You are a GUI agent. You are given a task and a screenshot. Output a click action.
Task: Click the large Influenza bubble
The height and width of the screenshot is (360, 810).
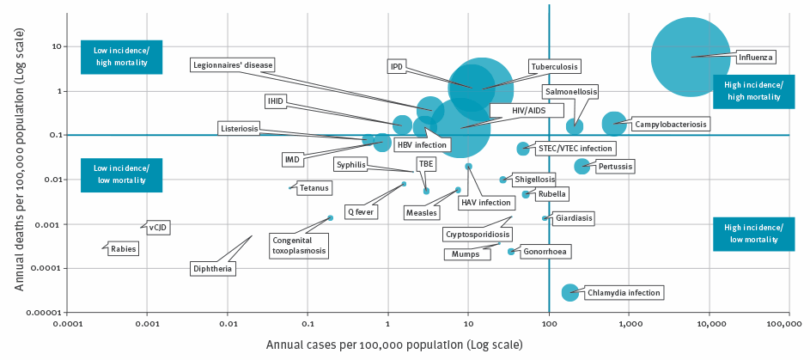[691, 57]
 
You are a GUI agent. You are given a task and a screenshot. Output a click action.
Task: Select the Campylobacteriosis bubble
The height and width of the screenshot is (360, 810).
[614, 125]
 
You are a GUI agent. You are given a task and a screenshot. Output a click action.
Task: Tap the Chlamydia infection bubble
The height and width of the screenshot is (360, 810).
[569, 293]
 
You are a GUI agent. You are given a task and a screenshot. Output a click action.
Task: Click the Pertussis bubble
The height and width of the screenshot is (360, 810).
[582, 166]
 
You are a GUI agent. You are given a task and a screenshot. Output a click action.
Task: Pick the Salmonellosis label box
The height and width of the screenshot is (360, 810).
[570, 91]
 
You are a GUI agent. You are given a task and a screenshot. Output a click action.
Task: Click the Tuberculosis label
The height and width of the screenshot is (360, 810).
[554, 66]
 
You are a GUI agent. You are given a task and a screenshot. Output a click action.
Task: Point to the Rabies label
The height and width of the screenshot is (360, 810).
[120, 249]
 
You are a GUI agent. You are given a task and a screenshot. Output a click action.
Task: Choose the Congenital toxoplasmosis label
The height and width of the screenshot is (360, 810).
[299, 245]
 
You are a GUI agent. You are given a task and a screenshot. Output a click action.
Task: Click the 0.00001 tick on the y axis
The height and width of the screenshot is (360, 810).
[40, 313]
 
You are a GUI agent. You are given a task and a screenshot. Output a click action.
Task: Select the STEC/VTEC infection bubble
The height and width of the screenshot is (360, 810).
[522, 149]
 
